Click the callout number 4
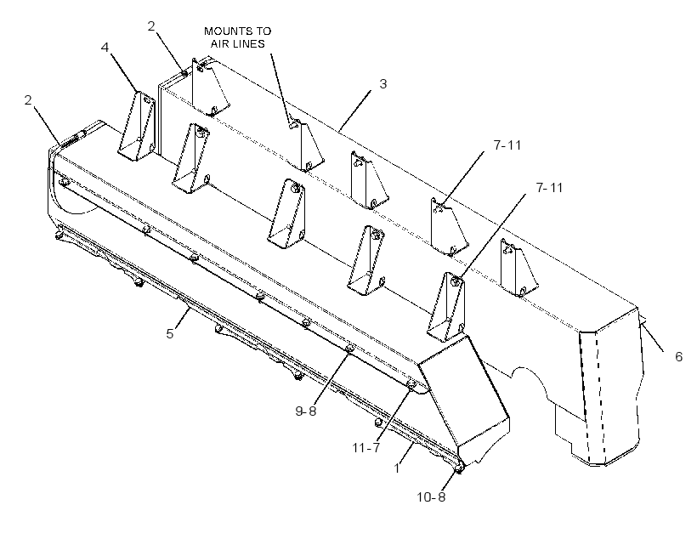point(105,47)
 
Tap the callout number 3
point(382,83)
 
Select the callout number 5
point(170,333)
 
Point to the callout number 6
point(678,356)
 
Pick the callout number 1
point(397,468)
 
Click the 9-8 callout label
point(306,411)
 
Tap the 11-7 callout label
point(366,447)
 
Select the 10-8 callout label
point(431,496)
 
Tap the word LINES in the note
point(250,43)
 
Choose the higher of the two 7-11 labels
point(507,145)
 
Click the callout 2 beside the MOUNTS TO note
point(151,26)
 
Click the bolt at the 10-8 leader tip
point(460,468)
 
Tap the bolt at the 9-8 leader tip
point(349,349)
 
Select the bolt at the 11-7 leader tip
point(411,384)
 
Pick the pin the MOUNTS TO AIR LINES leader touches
point(292,125)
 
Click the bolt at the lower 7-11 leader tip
point(454,281)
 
